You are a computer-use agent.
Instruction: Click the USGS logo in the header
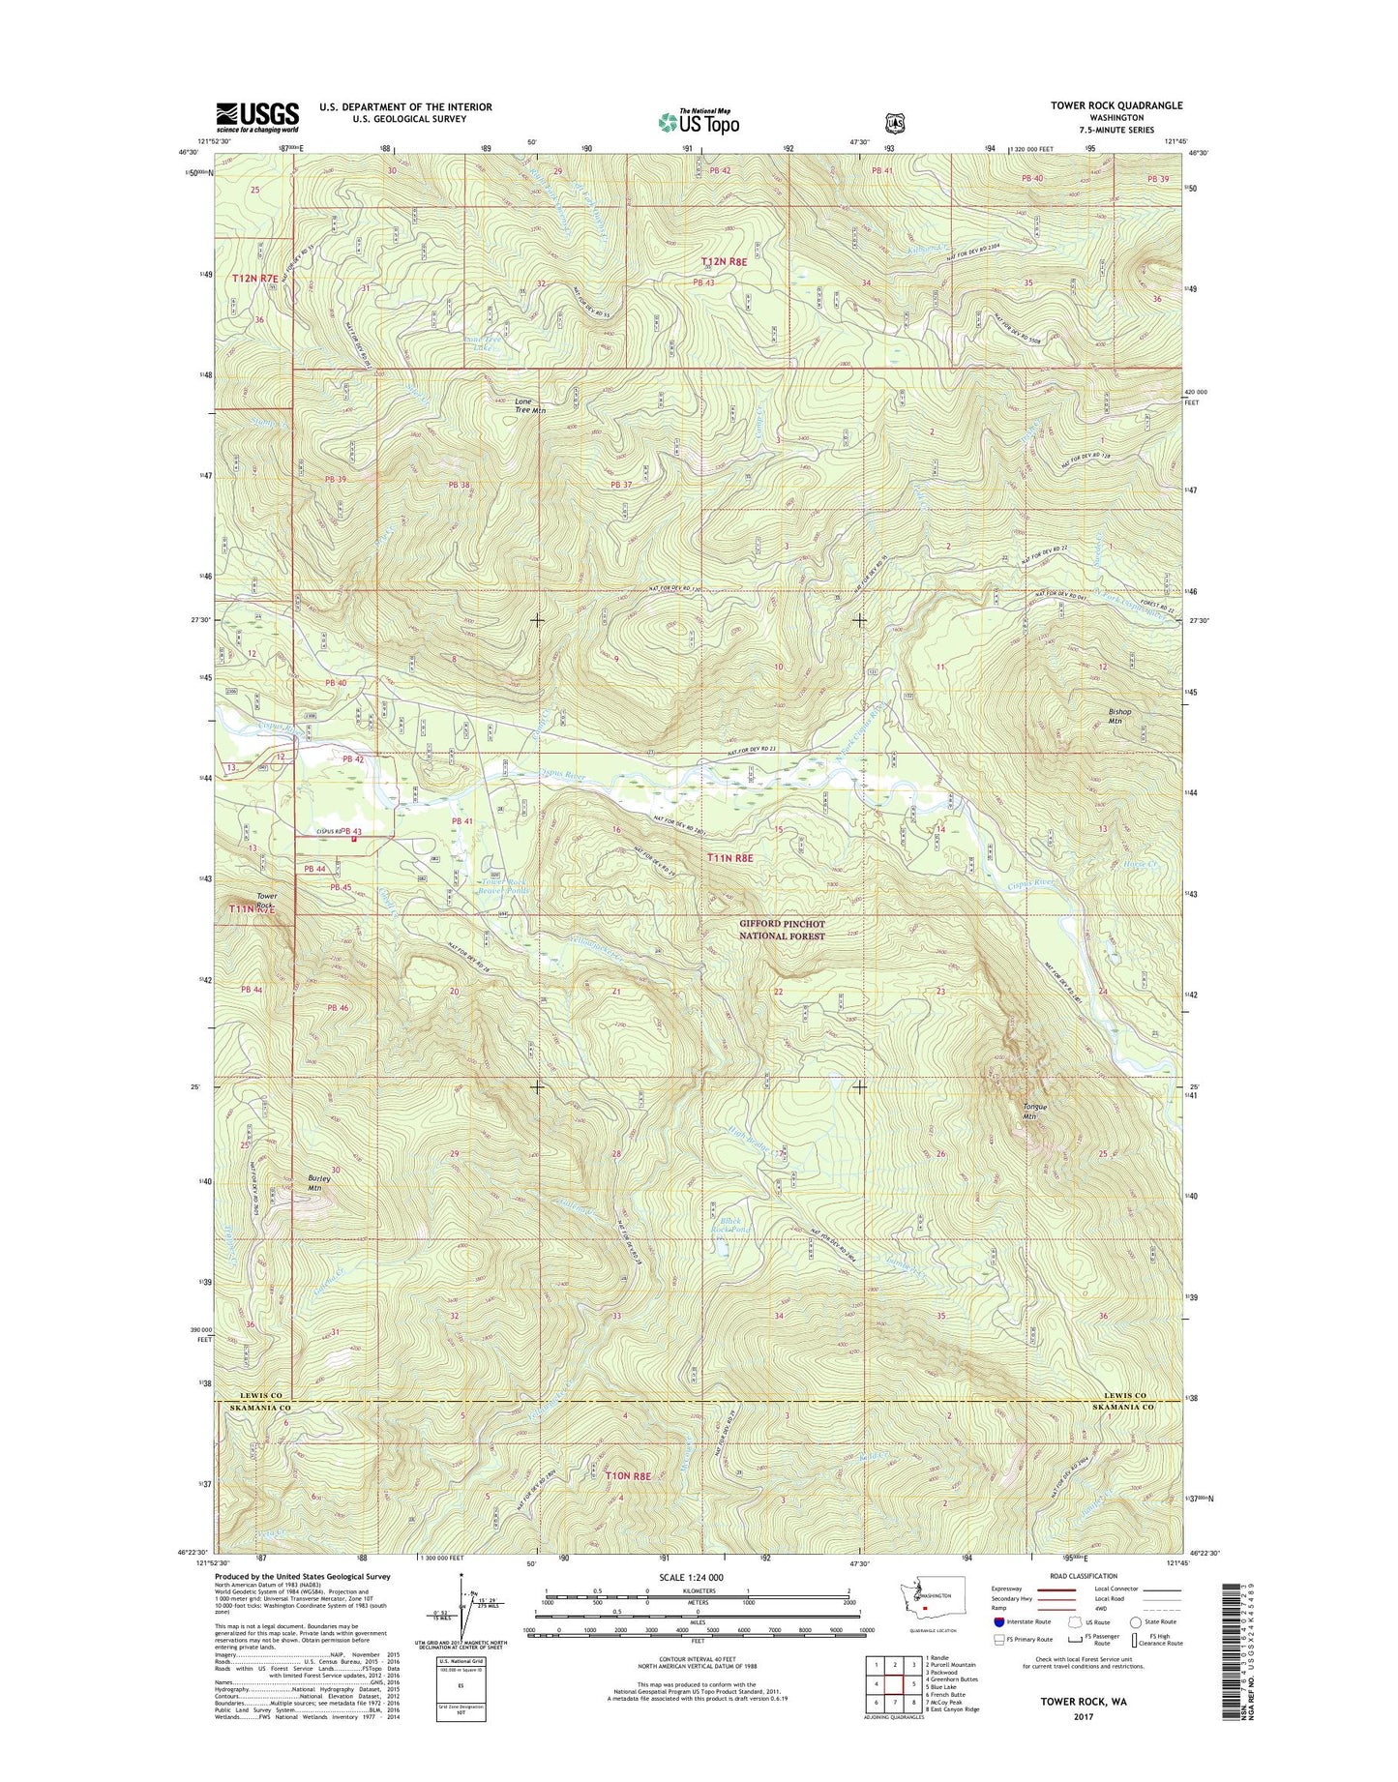click(x=257, y=117)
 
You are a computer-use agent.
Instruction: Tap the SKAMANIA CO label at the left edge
click(x=257, y=1409)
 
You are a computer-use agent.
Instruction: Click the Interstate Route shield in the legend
click(x=999, y=1621)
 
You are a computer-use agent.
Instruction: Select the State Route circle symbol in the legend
click(x=1136, y=1621)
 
